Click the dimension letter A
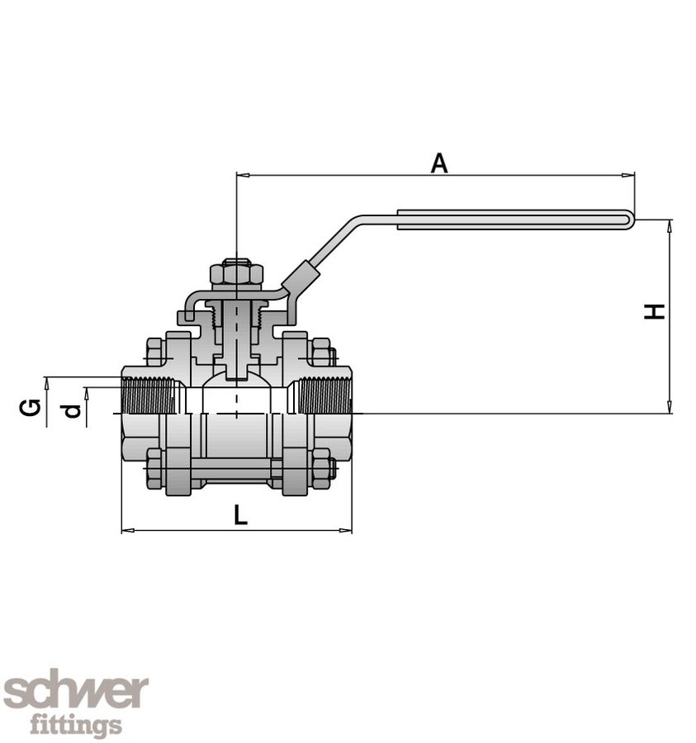439,163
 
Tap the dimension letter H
655,312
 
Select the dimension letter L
239,516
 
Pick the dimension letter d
73,409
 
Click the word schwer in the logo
75,692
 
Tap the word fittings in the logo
76,726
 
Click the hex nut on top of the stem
236,273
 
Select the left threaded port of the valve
149,395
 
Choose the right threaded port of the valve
324,395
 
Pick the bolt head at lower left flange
154,470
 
